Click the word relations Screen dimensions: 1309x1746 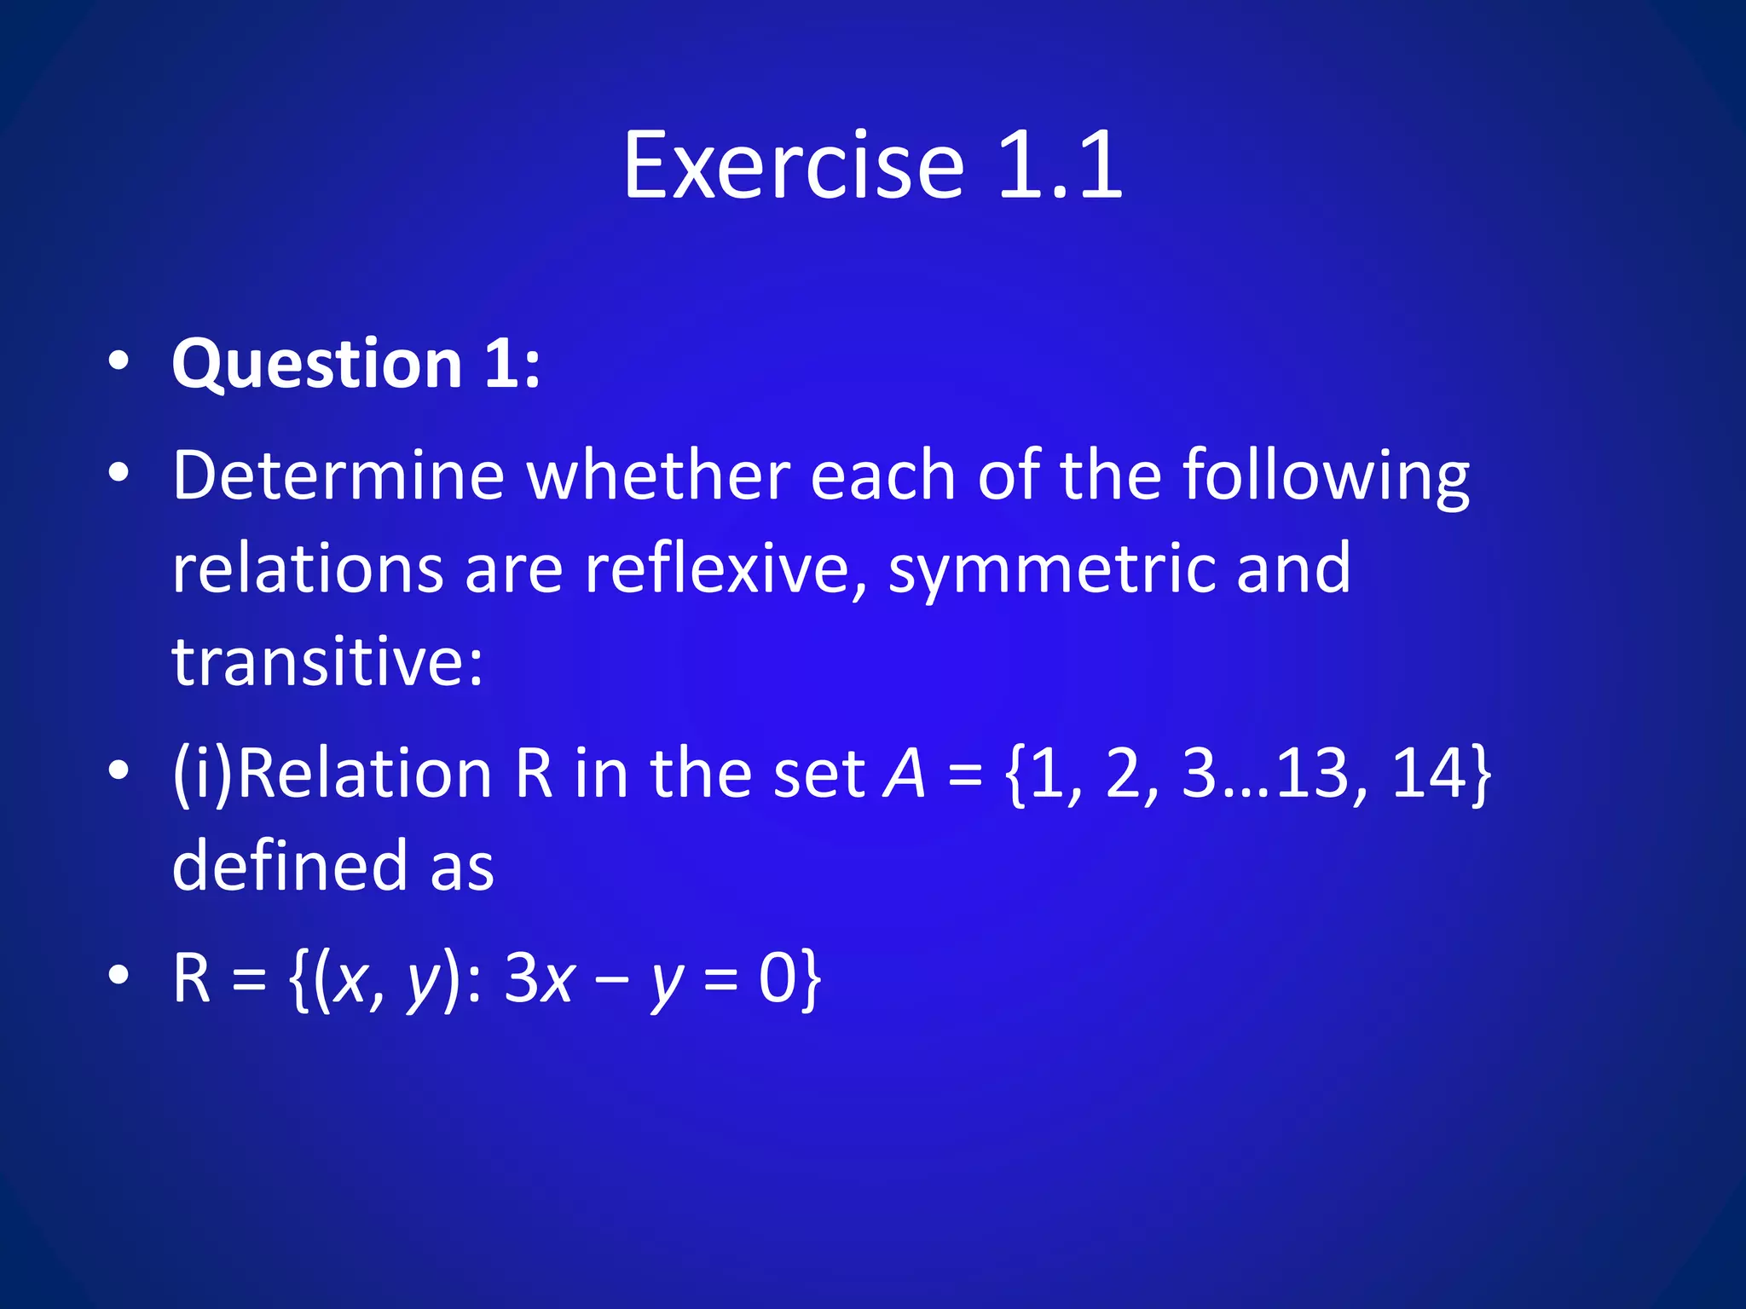click(308, 568)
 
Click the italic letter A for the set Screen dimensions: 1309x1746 click(905, 774)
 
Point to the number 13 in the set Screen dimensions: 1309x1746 click(1314, 774)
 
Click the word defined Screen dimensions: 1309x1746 click(290, 866)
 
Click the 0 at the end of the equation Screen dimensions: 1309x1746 click(778, 978)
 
